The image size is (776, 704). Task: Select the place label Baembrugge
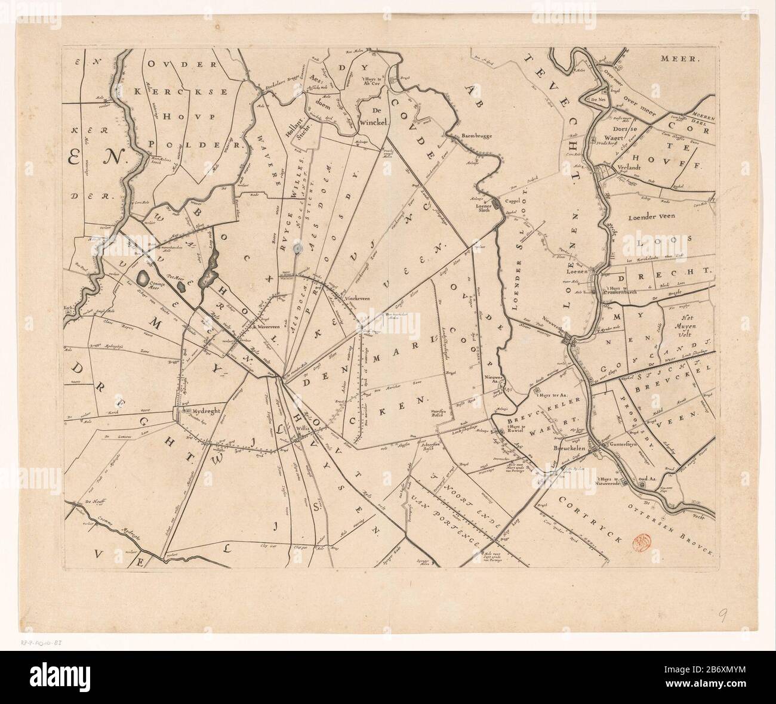coord(476,136)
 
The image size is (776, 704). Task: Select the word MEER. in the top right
coord(682,58)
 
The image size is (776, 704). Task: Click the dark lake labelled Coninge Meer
coord(144,277)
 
